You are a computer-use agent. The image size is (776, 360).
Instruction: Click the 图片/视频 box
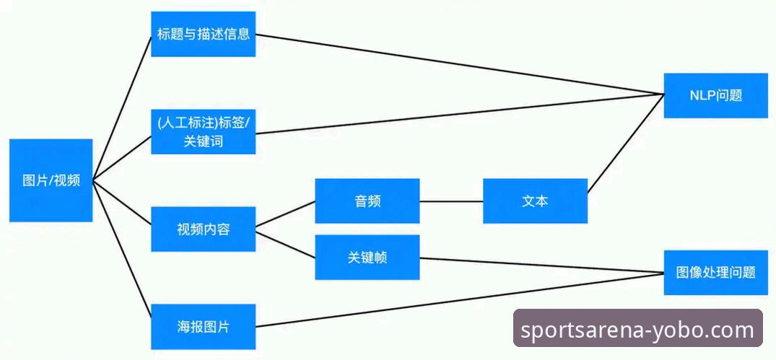click(x=51, y=180)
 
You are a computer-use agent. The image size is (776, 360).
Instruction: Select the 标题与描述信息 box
click(x=203, y=34)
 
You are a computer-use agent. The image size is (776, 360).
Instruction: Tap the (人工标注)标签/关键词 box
click(x=203, y=131)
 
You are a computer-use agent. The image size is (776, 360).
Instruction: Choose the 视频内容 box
click(x=203, y=229)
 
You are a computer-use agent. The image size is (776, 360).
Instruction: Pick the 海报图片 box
click(x=203, y=326)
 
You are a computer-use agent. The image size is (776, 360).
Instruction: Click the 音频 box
click(x=367, y=201)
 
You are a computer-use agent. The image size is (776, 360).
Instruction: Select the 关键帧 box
click(x=367, y=257)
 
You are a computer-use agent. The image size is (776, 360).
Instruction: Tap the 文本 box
click(x=535, y=201)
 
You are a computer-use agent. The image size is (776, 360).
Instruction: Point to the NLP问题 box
click(x=715, y=95)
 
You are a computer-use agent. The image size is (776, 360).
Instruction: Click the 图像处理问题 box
click(x=715, y=272)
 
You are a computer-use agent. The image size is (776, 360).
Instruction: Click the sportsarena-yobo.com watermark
click(x=637, y=330)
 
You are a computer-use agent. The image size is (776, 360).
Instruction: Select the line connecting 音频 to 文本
click(x=451, y=201)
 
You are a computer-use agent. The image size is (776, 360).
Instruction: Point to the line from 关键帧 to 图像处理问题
click(x=541, y=265)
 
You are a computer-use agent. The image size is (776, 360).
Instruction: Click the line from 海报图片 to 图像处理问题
click(x=462, y=300)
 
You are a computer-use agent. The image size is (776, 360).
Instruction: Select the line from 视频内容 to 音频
click(x=286, y=214)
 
